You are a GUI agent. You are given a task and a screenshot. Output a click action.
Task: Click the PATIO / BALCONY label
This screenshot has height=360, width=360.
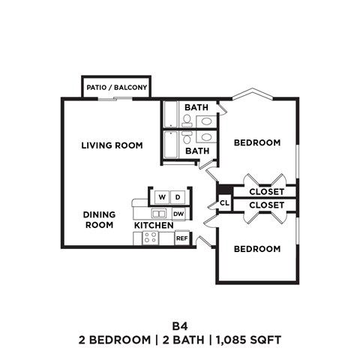(x=116, y=88)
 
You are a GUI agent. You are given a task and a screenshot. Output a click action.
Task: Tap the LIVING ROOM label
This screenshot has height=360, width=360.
(x=112, y=145)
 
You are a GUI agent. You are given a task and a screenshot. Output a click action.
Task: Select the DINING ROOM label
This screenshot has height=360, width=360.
(x=99, y=219)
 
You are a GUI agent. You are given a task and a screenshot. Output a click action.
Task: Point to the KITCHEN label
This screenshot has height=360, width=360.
(x=153, y=225)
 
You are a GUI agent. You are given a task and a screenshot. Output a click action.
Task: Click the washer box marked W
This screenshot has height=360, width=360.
(x=161, y=197)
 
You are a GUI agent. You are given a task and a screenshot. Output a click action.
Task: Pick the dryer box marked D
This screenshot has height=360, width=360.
(x=178, y=197)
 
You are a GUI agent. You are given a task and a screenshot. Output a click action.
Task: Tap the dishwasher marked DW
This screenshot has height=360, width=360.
(x=178, y=214)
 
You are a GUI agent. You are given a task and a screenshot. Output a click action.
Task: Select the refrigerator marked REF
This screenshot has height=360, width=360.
(x=181, y=238)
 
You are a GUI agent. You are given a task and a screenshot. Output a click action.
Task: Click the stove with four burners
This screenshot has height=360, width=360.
(x=149, y=238)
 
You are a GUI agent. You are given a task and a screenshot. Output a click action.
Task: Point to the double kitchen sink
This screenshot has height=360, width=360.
(x=158, y=214)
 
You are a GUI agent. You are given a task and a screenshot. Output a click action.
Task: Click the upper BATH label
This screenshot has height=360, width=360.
(x=197, y=107)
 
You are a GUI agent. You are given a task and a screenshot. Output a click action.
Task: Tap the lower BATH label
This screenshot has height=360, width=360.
(x=197, y=151)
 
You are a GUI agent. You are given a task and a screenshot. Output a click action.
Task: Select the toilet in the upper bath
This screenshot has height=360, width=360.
(x=187, y=118)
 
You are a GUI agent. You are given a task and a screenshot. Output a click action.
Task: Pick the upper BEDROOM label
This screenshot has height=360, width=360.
(x=257, y=142)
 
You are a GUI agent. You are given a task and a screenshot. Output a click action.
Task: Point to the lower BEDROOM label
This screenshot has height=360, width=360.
(x=257, y=249)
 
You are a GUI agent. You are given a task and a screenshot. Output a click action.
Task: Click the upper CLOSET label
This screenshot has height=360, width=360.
(x=266, y=191)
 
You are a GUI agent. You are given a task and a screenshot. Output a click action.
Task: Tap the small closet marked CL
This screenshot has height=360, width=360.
(x=224, y=203)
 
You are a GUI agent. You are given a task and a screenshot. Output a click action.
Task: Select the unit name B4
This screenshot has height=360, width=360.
(x=179, y=325)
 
